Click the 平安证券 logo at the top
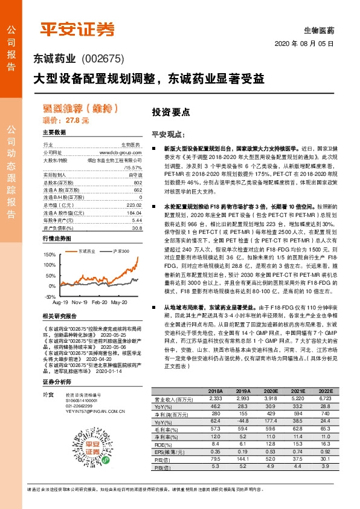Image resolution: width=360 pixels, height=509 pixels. [77, 29]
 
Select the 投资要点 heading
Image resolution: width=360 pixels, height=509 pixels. [170, 112]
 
